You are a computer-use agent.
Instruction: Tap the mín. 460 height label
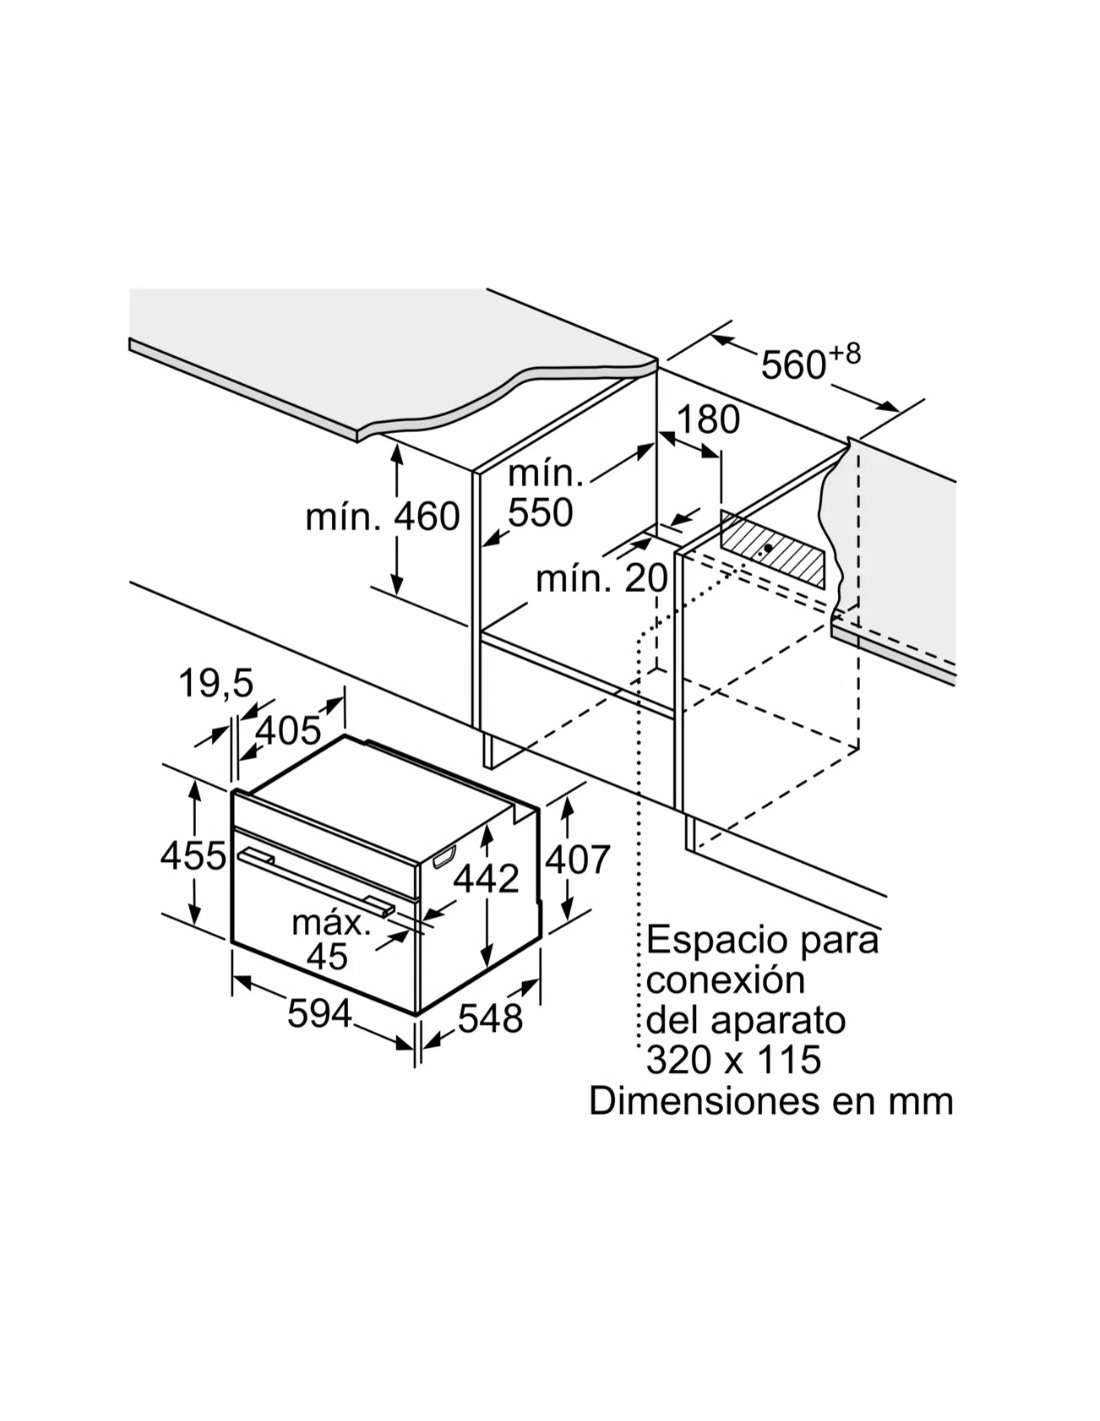tap(382, 517)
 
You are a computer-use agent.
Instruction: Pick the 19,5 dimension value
tap(215, 684)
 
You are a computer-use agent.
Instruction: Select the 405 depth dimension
tap(287, 731)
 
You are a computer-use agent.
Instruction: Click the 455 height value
tap(194, 855)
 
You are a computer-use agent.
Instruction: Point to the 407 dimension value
tap(578, 859)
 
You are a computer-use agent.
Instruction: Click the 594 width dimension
tap(320, 1014)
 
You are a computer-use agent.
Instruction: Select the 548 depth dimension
tap(490, 1018)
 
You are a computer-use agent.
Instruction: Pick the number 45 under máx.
tap(327, 957)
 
